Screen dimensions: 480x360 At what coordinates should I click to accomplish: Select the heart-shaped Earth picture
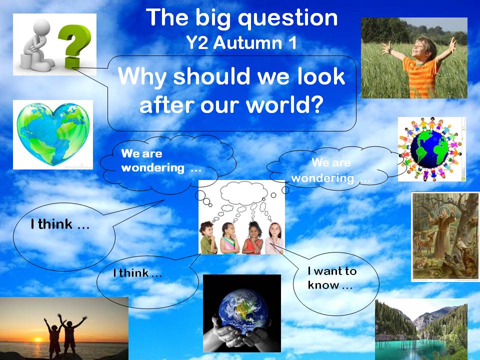click(53, 134)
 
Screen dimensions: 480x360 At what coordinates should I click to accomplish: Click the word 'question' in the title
click(288, 18)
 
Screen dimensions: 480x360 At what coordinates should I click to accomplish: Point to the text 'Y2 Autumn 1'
click(241, 42)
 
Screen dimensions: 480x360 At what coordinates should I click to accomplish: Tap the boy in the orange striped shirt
click(420, 66)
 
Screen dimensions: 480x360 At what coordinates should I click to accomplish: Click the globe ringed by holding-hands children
click(431, 149)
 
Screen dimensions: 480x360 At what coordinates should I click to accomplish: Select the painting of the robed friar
click(445, 236)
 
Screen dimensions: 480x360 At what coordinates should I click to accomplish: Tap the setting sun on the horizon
click(37, 339)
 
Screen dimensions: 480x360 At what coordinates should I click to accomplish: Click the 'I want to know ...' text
click(332, 278)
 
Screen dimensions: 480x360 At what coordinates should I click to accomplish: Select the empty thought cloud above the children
click(244, 193)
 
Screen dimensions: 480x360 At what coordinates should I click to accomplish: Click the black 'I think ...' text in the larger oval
click(60, 224)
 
